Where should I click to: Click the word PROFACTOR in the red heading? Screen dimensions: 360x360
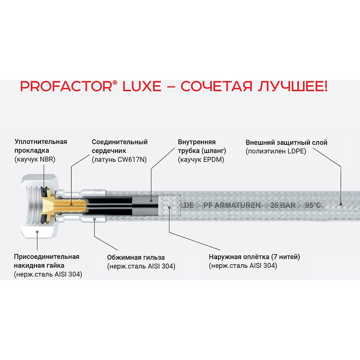click(66, 86)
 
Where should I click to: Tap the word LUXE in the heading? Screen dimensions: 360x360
click(142, 86)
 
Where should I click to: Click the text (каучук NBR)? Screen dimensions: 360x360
click(35, 159)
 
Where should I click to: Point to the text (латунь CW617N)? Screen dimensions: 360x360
click(119, 159)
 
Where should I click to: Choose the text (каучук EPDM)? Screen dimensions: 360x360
click(201, 159)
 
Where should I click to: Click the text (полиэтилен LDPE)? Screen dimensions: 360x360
click(276, 151)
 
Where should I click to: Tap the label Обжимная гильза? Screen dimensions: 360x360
click(136, 257)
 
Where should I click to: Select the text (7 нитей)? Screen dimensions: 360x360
click(285, 257)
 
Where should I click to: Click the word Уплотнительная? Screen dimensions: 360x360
click(41, 141)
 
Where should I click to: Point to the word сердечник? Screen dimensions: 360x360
click(109, 151)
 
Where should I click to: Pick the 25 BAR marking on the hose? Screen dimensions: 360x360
click(283, 205)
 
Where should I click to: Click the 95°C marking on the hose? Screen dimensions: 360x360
click(313, 205)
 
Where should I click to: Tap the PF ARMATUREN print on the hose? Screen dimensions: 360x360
click(232, 205)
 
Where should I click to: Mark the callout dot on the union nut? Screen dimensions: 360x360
click(37, 232)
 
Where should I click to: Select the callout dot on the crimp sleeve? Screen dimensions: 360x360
click(94, 219)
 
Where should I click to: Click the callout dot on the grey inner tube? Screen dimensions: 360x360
click(151, 201)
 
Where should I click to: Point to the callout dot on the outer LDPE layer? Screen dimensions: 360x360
click(341, 204)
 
